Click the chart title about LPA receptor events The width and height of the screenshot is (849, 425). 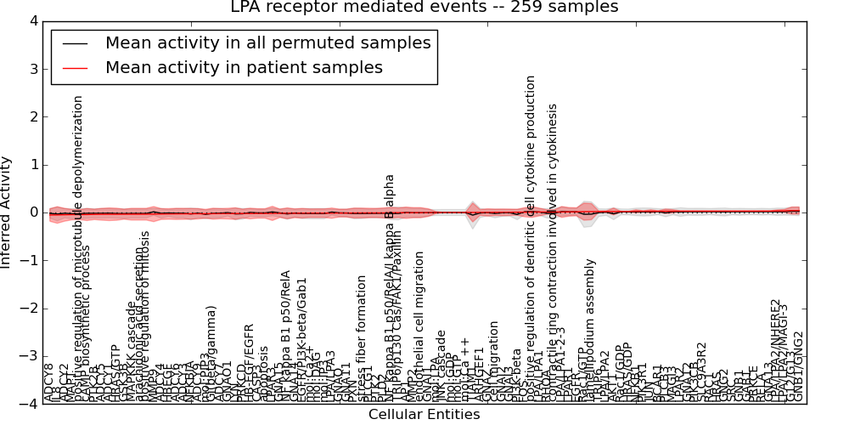[424, 8]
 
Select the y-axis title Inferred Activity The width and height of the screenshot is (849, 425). [8, 212]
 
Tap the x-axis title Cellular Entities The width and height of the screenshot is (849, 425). [424, 415]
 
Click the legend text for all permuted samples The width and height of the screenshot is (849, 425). [267, 42]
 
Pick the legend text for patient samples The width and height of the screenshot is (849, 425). [244, 67]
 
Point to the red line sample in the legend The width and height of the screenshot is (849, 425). [75, 68]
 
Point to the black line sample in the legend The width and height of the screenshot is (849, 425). [75, 43]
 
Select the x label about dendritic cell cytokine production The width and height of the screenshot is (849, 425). [531, 238]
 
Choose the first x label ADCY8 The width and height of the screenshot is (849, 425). [48, 383]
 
